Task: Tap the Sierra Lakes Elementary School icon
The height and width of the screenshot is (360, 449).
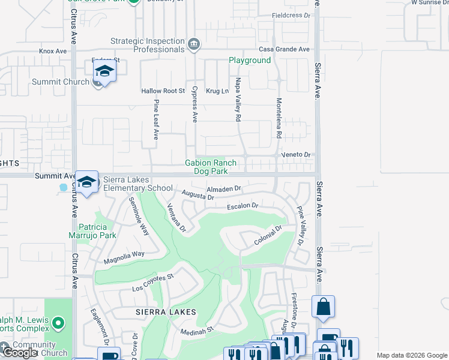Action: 87,182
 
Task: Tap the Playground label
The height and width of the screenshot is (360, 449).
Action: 250,61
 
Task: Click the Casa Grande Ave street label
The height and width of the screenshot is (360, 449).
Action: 284,49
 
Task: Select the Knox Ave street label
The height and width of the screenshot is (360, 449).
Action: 53,52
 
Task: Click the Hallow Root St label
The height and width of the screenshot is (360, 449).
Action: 163,91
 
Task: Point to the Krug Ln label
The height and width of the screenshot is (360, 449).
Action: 217,91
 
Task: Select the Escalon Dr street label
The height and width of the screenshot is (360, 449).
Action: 242,206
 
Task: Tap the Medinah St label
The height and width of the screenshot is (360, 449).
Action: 197,330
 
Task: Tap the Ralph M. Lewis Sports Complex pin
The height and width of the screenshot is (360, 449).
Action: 58,324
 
